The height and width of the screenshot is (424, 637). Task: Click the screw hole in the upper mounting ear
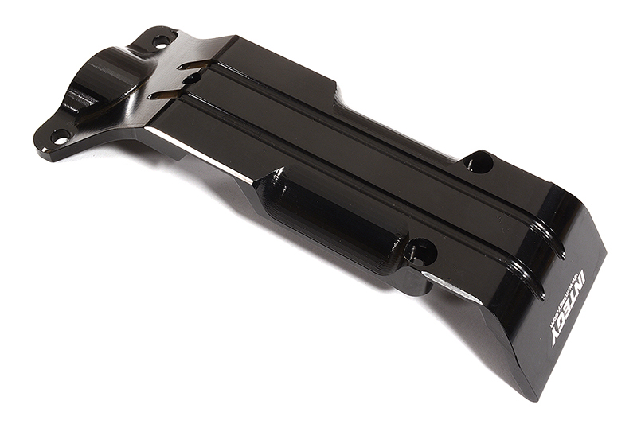(x=162, y=39)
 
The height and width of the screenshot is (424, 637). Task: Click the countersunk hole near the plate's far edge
(x=479, y=162)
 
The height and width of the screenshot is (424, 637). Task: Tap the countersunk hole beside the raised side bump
(x=420, y=253)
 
